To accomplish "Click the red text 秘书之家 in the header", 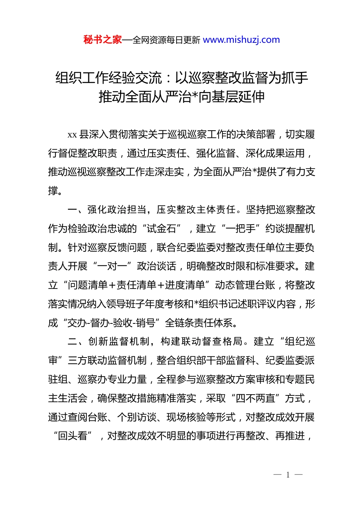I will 103,40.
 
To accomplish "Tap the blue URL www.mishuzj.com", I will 241,40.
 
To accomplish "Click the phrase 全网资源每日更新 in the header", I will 166,40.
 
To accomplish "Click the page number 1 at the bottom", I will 288,475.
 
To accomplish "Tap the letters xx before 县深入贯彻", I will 72,135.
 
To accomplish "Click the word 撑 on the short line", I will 53,191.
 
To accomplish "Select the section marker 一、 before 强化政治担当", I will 77,210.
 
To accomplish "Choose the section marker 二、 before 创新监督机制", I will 77,342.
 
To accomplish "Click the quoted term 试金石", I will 162,229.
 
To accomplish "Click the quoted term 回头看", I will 73,436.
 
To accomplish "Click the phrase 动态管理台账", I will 245,285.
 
